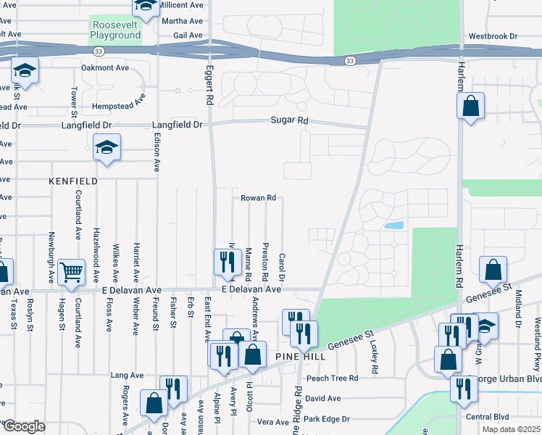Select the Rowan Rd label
point(259,197)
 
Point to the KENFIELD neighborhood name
point(72,179)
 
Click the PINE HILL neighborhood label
point(298,357)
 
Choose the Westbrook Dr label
point(493,36)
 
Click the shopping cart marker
point(72,273)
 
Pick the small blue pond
point(393,225)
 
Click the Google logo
point(23,426)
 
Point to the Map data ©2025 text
point(511,429)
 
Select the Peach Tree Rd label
point(333,378)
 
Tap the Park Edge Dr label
point(327,419)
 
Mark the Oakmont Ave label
point(105,67)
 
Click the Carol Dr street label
point(282,266)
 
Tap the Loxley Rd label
point(375,358)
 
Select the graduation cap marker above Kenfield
point(107,148)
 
